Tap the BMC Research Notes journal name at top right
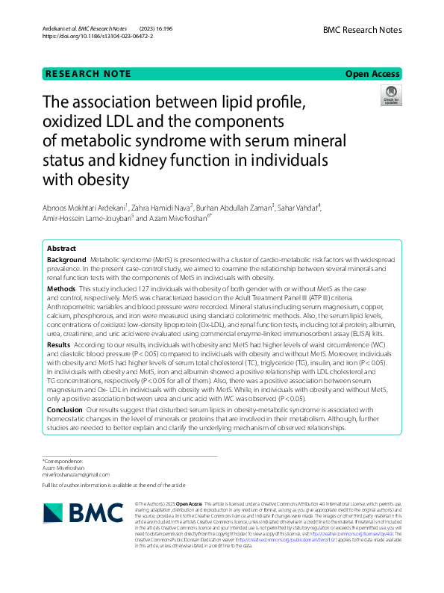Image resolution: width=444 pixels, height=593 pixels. pos(362,30)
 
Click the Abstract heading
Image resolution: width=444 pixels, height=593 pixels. pos(61,247)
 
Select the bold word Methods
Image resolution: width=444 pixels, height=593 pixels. pos(61,288)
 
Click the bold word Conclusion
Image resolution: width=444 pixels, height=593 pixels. pos(65,409)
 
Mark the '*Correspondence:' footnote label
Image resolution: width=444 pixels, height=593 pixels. pos(63,461)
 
